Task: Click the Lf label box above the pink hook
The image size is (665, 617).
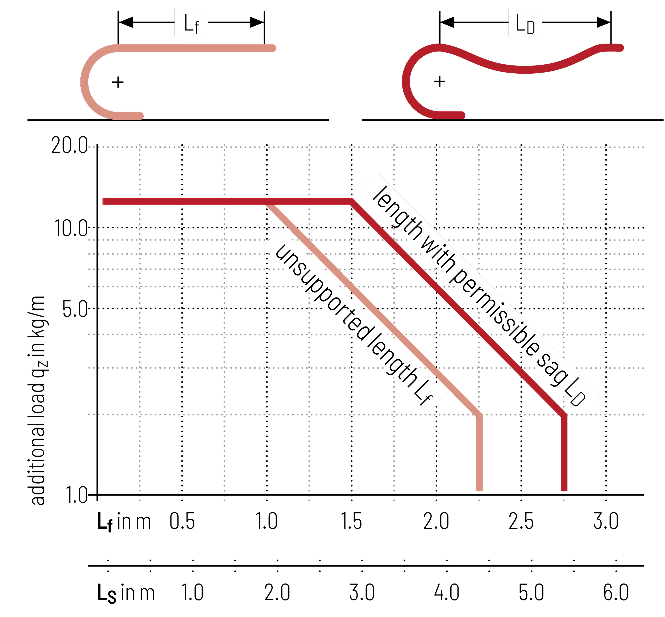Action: click(191, 23)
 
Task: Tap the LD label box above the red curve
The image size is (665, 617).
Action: click(525, 23)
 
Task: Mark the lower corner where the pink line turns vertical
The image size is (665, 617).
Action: click(479, 415)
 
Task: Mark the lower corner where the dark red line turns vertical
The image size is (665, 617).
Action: click(564, 415)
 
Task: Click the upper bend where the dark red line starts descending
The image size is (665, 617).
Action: click(352, 201)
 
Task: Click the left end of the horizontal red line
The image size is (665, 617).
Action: click(103, 201)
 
